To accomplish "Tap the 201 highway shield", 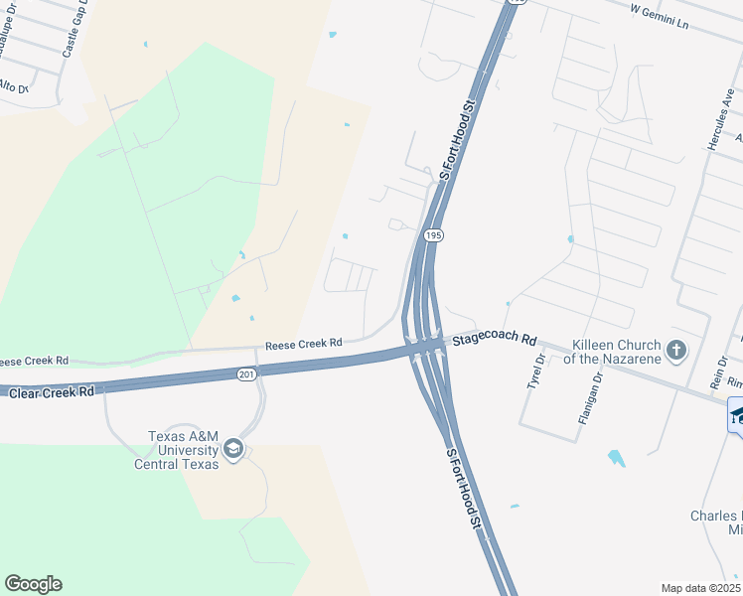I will (248, 374).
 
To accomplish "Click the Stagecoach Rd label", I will (495, 340).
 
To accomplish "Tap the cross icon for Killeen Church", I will (676, 350).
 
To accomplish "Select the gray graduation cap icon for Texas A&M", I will (232, 449).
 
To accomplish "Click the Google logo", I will (33, 584).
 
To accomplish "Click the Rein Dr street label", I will (714, 374).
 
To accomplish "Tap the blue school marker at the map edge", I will (736, 414).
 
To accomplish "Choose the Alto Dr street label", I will (14, 87).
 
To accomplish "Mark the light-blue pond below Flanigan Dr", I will (617, 458).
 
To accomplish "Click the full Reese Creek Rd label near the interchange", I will (303, 345).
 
